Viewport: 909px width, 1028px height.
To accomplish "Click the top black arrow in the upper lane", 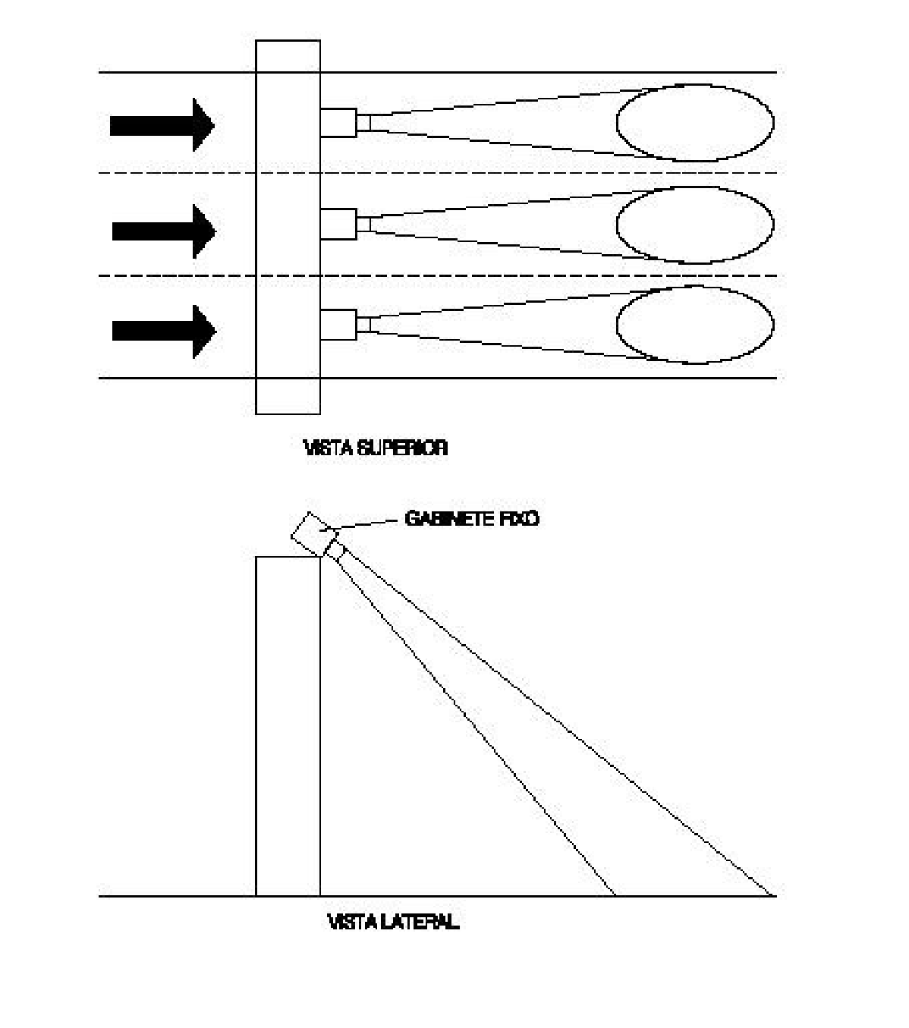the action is [x=162, y=125].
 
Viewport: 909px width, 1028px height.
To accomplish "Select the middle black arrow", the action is [x=164, y=231].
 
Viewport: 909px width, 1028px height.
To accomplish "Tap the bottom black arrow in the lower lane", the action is [x=164, y=331].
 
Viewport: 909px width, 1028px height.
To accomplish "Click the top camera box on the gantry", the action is [x=338, y=123].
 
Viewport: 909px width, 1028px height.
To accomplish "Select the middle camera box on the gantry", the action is [x=338, y=224].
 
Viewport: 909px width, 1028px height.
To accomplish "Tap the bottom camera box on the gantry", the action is [x=338, y=325].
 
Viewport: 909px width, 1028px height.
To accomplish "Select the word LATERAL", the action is [x=420, y=922].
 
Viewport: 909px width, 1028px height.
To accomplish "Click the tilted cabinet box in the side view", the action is [x=315, y=534].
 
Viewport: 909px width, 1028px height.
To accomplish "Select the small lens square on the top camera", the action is [x=363, y=123].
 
